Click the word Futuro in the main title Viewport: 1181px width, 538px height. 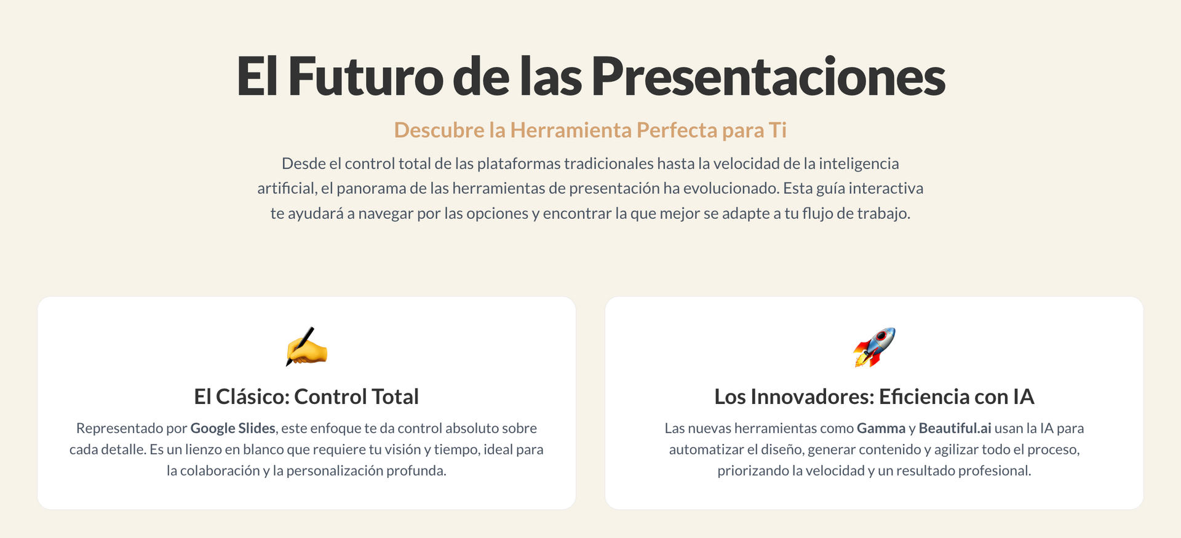point(365,76)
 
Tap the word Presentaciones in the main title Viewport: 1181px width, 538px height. point(768,76)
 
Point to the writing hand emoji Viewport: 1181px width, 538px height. point(306,347)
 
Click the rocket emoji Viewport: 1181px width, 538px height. point(874,347)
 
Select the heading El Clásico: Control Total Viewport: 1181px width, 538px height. point(306,397)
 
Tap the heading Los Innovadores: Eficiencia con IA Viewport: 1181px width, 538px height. point(874,397)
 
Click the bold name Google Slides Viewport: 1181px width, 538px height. point(233,429)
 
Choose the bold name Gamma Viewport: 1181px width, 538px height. point(881,429)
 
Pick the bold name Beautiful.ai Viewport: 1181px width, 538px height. point(955,429)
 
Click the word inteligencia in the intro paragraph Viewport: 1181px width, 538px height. point(859,164)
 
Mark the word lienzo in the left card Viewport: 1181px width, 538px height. point(204,449)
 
